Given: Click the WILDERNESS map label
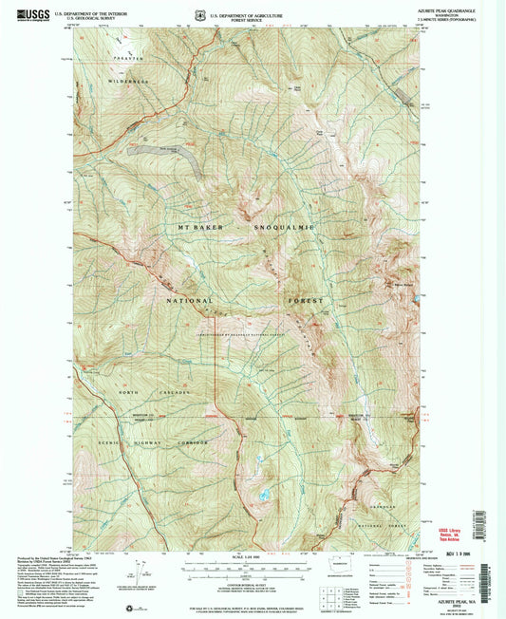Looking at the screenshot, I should pyautogui.click(x=121, y=83).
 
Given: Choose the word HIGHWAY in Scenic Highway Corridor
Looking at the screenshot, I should pyautogui.click(x=140, y=443).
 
